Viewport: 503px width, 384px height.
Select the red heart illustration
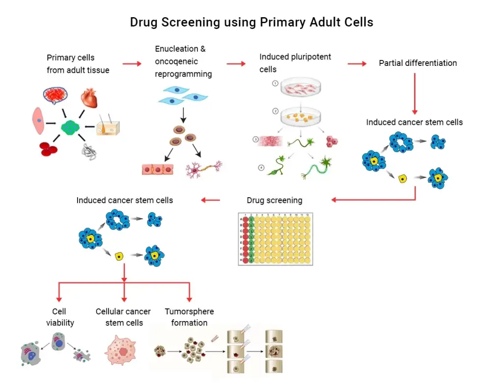point(89,98)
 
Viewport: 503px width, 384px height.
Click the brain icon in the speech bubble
point(55,94)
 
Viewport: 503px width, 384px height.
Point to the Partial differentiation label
point(418,63)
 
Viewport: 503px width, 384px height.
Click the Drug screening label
point(274,200)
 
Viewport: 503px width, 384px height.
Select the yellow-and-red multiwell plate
point(275,239)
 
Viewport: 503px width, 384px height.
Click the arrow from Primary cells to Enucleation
point(132,63)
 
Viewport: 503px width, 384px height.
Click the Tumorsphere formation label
point(189,317)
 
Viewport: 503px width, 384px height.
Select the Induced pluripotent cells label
point(295,63)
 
